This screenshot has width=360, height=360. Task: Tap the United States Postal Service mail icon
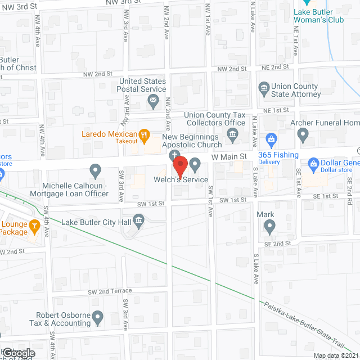click(x=153, y=102)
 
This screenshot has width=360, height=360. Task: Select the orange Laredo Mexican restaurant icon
click(x=145, y=134)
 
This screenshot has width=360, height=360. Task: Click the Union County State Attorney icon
click(x=263, y=88)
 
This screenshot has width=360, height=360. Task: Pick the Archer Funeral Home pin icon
click(x=303, y=134)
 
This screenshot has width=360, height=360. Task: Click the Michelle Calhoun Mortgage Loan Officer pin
click(x=95, y=170)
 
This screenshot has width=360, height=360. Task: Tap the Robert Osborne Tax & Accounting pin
click(x=97, y=318)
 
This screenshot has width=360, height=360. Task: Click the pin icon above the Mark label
click(x=270, y=227)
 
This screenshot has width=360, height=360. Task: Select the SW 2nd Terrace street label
click(x=110, y=291)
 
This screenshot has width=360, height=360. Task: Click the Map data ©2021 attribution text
click(x=335, y=355)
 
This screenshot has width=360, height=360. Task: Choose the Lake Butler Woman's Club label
click(x=319, y=16)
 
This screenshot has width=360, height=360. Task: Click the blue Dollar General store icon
click(x=314, y=165)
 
